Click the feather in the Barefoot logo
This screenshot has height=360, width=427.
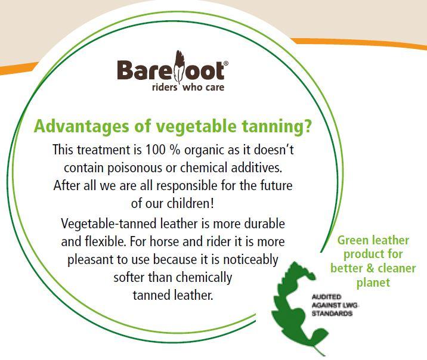coord(179,66)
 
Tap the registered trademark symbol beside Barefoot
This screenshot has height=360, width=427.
coord(226,63)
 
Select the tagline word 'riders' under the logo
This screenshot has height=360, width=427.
coord(165,87)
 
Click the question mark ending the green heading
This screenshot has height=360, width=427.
coord(308,126)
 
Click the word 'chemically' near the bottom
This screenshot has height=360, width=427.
coord(204,278)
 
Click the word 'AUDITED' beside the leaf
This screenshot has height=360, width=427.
coord(326,297)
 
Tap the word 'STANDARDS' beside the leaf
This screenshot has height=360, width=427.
coord(332,314)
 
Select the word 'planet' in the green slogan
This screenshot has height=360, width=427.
coord(373,283)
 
